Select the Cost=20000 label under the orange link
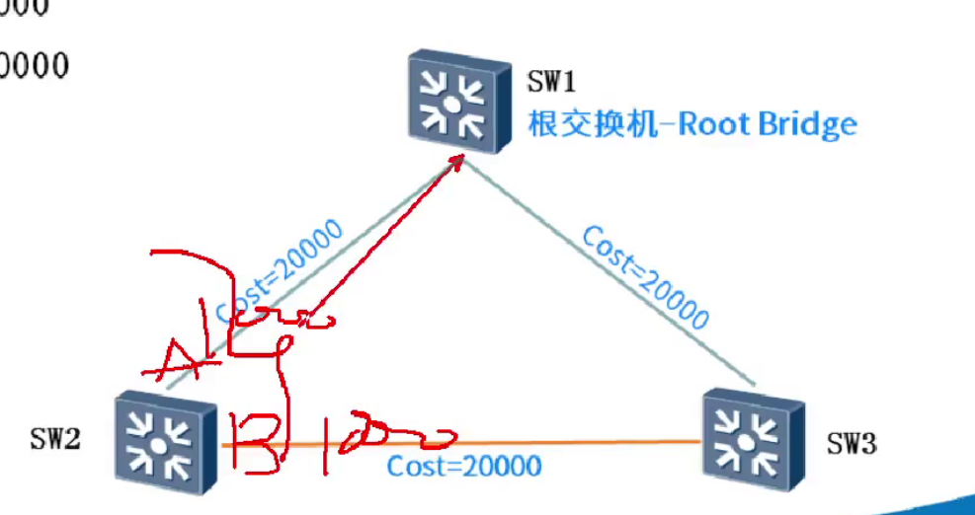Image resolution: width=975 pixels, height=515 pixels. pyautogui.click(x=464, y=466)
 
